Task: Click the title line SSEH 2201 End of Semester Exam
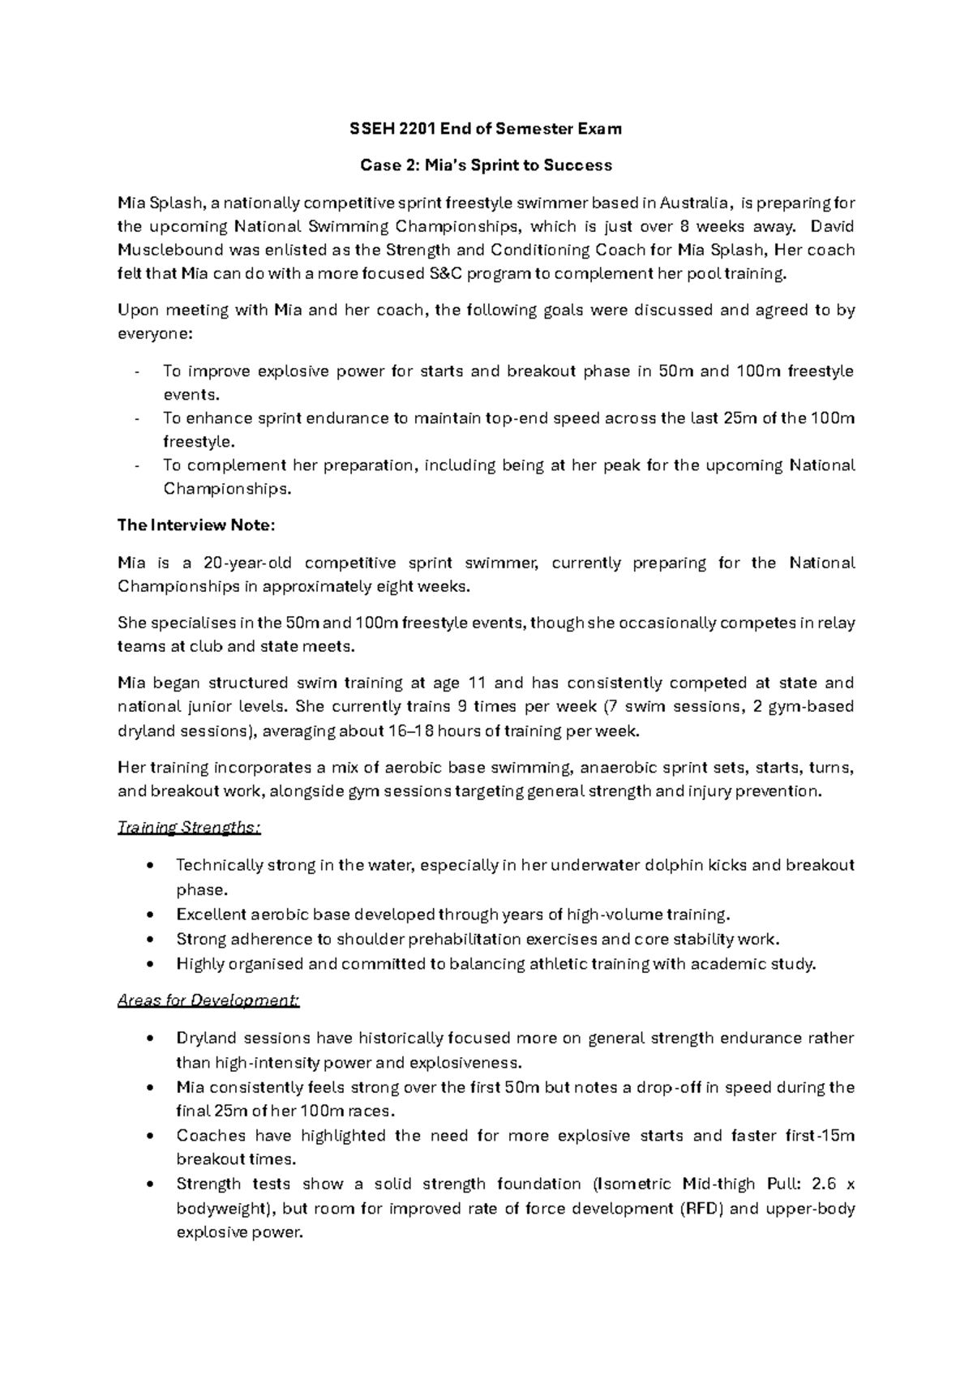(x=486, y=128)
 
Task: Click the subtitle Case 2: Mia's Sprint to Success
(x=486, y=165)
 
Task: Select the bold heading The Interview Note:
(x=196, y=525)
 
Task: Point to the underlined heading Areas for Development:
(x=208, y=1000)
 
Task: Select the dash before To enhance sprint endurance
(x=138, y=419)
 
